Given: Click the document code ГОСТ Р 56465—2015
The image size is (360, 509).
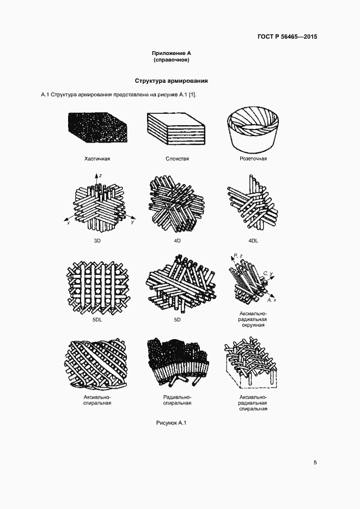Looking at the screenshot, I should (x=287, y=37).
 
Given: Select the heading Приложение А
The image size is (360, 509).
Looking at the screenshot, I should (x=172, y=53).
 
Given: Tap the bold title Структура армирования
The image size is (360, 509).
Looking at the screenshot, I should (x=172, y=81).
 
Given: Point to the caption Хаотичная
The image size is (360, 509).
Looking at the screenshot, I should (x=97, y=159).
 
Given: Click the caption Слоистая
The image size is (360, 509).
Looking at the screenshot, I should (x=177, y=159).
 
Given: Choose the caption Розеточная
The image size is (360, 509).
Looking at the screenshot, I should (x=253, y=159).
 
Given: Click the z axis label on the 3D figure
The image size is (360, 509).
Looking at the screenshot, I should (x=101, y=176).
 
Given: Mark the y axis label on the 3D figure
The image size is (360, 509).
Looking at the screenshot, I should (x=132, y=223).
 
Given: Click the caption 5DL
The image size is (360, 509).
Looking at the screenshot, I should (x=97, y=320).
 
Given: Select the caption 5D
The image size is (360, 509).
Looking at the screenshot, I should (x=177, y=320).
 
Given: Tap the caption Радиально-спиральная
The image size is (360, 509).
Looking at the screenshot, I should (x=177, y=400).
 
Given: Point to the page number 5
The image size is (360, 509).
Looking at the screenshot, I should (x=315, y=463).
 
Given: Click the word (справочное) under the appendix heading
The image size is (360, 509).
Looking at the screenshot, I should (x=172, y=60).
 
